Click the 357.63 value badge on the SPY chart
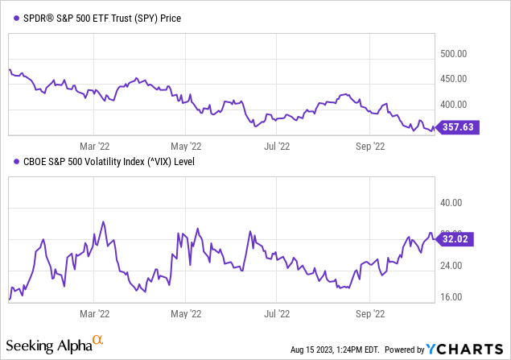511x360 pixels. (459, 127)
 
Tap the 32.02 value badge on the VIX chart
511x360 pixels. (459, 238)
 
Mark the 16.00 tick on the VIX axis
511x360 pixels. (451, 296)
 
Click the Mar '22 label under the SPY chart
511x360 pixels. (94, 147)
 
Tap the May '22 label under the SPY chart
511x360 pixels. (185, 147)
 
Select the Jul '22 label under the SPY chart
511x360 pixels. (276, 147)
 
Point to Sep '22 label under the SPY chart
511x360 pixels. (369, 147)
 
